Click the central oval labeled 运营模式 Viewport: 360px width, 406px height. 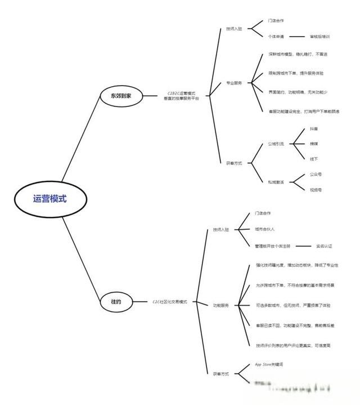(49, 199)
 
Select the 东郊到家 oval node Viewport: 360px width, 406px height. (121, 96)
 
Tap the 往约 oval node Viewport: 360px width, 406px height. (116, 302)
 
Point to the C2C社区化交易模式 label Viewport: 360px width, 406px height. (174, 302)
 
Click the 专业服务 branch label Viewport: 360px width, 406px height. (234, 83)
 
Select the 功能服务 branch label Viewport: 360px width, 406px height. (221, 305)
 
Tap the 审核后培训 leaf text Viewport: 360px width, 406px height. (319, 37)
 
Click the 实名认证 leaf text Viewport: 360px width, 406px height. (325, 246)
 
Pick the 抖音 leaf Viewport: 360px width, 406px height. (314, 129)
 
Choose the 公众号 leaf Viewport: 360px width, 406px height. (316, 174)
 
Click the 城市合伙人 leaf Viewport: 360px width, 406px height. (264, 229)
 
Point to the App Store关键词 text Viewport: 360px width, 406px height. (269, 364)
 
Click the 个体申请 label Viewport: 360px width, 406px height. (276, 37)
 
